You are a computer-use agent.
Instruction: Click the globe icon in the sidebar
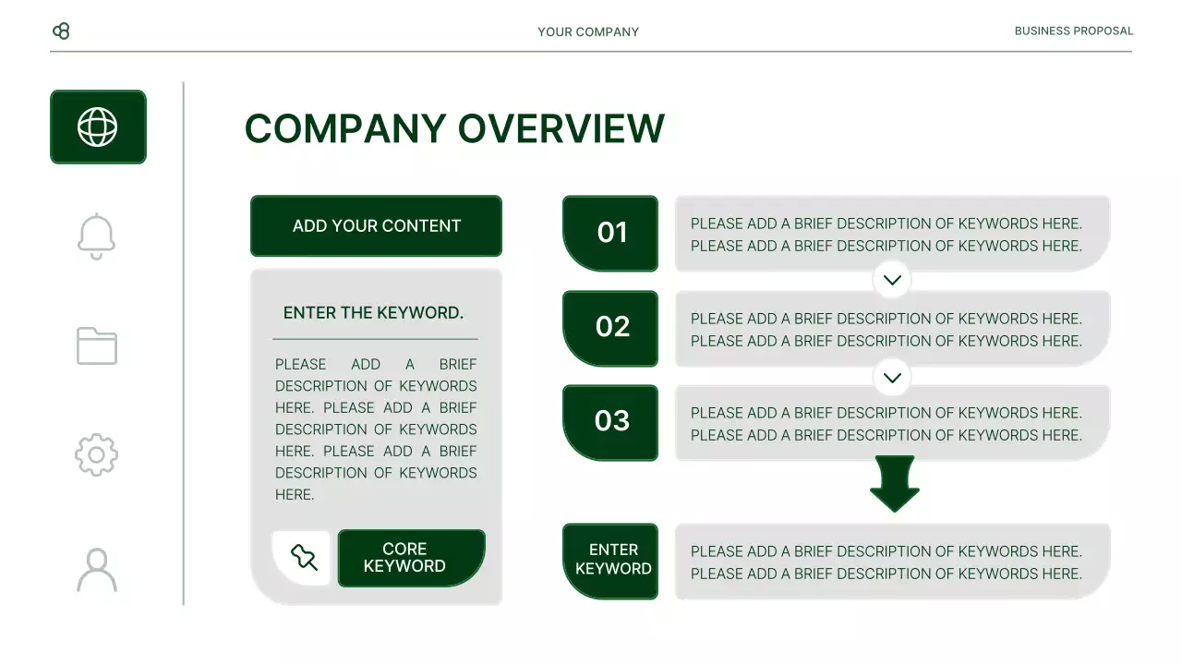[x=98, y=127]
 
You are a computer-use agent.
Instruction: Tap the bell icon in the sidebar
[x=97, y=236]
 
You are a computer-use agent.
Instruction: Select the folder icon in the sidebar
[x=97, y=345]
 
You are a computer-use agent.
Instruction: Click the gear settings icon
[x=97, y=454]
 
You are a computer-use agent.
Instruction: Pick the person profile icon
[x=97, y=570]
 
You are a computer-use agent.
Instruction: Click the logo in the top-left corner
[x=61, y=31]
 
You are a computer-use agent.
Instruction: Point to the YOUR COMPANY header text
[x=588, y=31]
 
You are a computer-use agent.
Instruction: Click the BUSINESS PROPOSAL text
[x=1073, y=30]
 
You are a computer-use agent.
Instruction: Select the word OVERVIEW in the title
[x=561, y=129]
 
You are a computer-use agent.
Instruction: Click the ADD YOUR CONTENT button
[x=376, y=226]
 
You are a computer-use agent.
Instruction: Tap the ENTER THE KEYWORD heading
[x=373, y=313]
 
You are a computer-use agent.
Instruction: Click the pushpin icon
[x=303, y=557]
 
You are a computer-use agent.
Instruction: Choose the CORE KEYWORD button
[x=411, y=558]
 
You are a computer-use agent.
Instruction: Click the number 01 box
[x=610, y=233]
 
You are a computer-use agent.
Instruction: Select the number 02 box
[x=610, y=328]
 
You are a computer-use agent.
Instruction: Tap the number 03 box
[x=610, y=422]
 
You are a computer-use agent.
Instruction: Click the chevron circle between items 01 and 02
[x=892, y=280]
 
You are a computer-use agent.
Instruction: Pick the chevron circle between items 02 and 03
[x=892, y=377]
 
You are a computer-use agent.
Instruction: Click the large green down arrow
[x=894, y=483]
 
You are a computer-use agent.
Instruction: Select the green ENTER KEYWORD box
[x=610, y=561]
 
